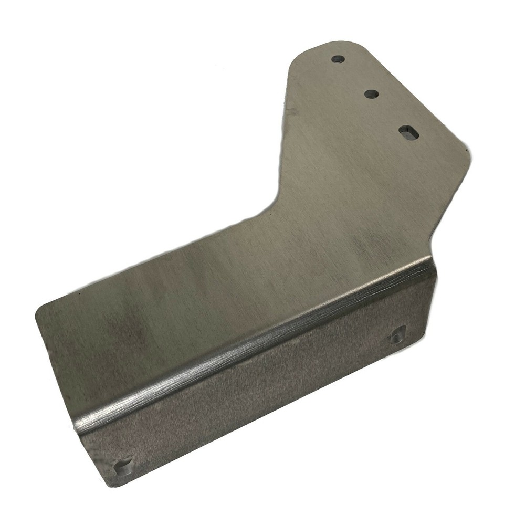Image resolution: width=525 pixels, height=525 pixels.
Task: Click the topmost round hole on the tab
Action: [x=338, y=59]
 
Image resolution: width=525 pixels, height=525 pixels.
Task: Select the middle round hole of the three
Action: [x=371, y=94]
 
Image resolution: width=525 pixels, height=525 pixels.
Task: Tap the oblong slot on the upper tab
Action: [x=409, y=132]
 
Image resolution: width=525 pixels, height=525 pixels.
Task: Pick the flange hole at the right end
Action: [x=397, y=335]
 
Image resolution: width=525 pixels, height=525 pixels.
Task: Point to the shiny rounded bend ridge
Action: [x=252, y=346]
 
